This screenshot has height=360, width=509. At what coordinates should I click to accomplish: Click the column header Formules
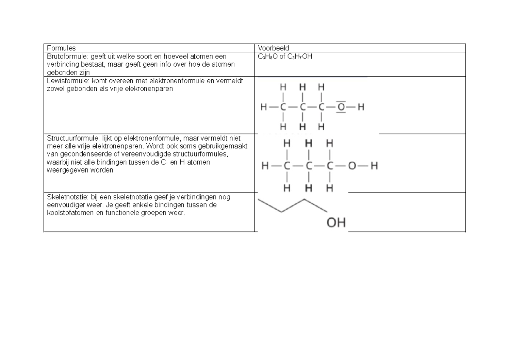click(61, 48)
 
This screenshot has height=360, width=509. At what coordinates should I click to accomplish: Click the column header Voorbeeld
click(273, 48)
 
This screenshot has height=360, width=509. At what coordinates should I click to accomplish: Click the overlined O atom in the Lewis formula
click(341, 107)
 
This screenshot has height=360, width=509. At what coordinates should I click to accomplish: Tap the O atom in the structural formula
click(352, 166)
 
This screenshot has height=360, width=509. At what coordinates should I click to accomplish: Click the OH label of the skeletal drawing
click(336, 222)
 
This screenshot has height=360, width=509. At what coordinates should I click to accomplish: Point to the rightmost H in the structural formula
click(374, 166)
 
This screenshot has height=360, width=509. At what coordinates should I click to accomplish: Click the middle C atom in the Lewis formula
click(302, 107)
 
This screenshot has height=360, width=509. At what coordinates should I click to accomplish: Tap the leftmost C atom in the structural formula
click(288, 166)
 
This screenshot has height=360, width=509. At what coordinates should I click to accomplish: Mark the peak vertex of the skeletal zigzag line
click(304, 199)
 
